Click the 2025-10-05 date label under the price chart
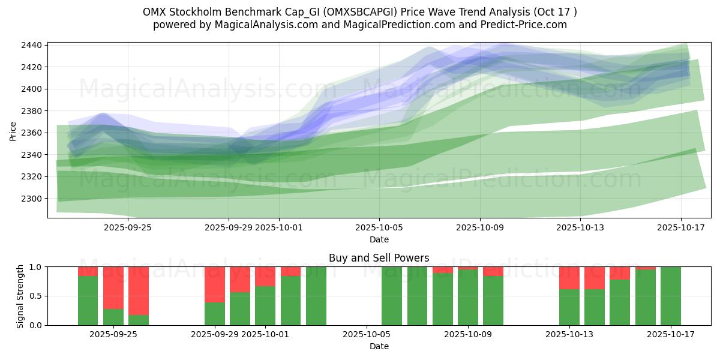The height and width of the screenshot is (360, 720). tap(379, 227)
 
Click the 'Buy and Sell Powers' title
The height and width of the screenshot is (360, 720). tap(379, 258)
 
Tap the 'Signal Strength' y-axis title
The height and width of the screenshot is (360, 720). tap(20, 296)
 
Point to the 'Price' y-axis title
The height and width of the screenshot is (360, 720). tap(13, 130)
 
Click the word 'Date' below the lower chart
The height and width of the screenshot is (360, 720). tap(379, 346)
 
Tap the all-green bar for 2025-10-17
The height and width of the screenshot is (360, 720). tap(670, 296)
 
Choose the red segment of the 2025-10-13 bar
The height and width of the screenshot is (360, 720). tap(569, 278)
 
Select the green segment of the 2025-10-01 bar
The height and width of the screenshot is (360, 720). tap(265, 305)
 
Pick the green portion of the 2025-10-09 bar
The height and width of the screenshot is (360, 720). tap(468, 297)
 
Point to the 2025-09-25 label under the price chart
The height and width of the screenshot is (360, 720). tap(127, 227)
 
